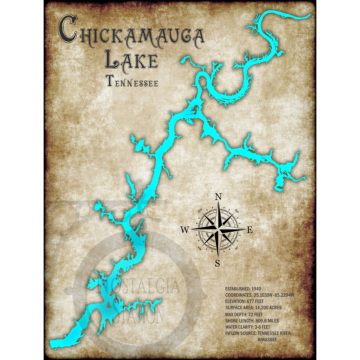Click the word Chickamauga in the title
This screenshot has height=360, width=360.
[x=131, y=33]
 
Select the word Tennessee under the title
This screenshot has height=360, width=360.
[x=132, y=81]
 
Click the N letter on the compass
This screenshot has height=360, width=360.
[x=218, y=197]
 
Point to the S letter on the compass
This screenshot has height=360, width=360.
[x=217, y=263]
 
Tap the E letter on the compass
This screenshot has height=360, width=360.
[x=250, y=230]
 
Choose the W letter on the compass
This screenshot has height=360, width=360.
[x=185, y=230]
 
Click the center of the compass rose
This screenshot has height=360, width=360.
[x=218, y=229]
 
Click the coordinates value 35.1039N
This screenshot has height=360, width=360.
[x=264, y=295]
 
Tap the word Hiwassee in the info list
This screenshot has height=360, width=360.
[x=267, y=339]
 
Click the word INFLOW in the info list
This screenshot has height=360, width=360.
[x=233, y=333]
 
